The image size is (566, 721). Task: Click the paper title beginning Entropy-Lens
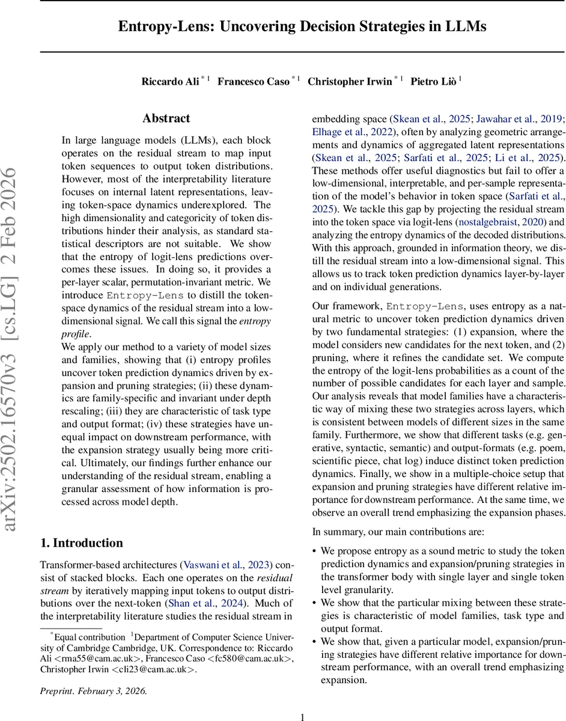pos(302,26)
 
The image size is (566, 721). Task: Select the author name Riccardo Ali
pos(170,82)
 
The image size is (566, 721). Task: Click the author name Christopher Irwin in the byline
pos(351,82)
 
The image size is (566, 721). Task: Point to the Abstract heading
pos(166,118)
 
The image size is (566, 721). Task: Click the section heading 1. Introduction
pos(82,543)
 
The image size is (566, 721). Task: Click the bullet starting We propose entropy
pos(442,550)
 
